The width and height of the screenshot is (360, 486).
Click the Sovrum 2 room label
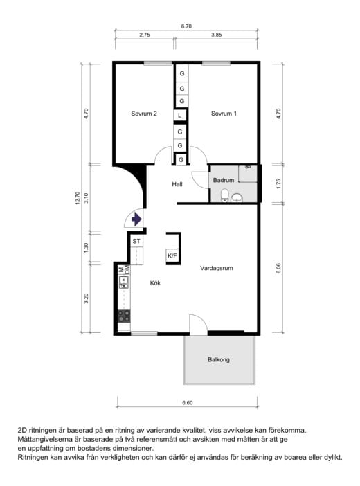(144, 114)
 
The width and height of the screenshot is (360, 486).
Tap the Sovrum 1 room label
(224, 114)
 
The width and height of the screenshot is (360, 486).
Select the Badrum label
(223, 180)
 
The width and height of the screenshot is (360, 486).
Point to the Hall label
(177, 184)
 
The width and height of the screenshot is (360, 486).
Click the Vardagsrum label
(217, 268)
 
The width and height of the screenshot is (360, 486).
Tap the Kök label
(155, 283)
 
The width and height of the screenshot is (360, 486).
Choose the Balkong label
(219, 359)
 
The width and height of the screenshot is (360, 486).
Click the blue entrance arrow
(136, 219)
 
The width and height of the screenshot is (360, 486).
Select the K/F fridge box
(172, 255)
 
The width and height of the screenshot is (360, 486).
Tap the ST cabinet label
(136, 241)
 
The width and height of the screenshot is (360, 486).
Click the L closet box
(180, 116)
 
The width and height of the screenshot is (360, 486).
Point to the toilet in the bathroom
(225, 196)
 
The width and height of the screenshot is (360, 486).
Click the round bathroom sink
(237, 197)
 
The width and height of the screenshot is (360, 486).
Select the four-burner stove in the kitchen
(124, 316)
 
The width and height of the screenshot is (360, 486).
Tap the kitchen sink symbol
(124, 282)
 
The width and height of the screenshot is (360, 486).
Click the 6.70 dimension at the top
(186, 26)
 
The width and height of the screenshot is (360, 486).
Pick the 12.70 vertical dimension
(78, 198)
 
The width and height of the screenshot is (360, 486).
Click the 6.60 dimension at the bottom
(188, 403)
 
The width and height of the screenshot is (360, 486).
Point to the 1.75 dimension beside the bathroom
(278, 183)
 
